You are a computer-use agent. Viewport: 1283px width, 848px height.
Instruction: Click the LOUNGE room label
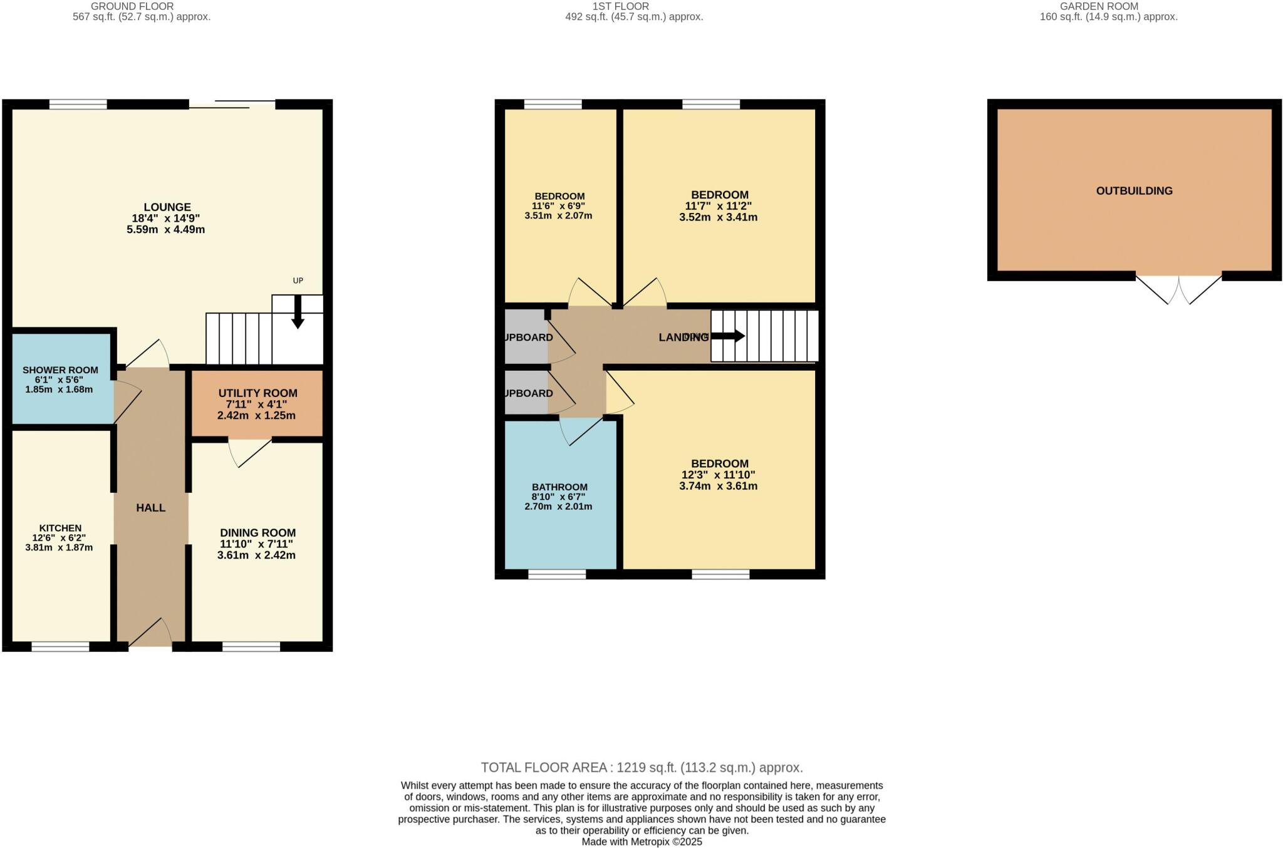point(167,207)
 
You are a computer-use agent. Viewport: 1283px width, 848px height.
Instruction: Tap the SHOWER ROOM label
point(60,370)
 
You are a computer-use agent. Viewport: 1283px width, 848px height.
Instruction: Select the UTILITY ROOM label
point(257,393)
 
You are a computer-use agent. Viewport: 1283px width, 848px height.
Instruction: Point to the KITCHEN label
point(60,528)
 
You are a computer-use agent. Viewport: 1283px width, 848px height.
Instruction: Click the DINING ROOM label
point(257,533)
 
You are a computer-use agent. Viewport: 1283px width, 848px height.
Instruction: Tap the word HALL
point(151,508)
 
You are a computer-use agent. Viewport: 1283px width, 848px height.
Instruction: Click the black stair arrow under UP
point(298,311)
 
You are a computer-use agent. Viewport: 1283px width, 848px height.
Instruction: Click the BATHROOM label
point(559,487)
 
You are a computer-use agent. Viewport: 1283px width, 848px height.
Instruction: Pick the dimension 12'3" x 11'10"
point(719,475)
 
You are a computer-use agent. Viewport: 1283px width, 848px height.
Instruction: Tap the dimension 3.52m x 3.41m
point(719,218)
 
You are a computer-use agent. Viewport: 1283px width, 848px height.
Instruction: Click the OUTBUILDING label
point(1134,191)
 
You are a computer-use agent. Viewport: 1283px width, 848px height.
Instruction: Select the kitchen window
point(61,647)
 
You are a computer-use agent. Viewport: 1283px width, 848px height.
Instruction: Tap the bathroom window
point(557,574)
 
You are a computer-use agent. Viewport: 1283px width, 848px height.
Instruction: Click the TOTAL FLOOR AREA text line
point(641,768)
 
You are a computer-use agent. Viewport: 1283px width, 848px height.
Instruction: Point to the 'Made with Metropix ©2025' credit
point(641,842)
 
